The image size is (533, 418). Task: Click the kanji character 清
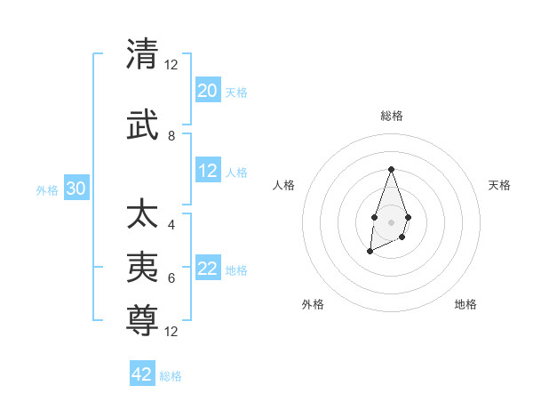pyautogui.click(x=142, y=54)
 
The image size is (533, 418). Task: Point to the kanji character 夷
pyautogui.click(x=142, y=265)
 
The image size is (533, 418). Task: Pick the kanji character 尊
pyautogui.click(x=142, y=311)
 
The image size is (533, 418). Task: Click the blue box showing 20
pyautogui.click(x=208, y=91)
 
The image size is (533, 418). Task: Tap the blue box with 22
pyautogui.click(x=208, y=269)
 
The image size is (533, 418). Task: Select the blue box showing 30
pyautogui.click(x=76, y=189)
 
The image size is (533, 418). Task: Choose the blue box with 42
pyautogui.click(x=142, y=374)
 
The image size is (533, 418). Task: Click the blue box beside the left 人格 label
pyautogui.click(x=208, y=171)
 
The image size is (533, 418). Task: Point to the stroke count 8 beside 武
pyautogui.click(x=171, y=136)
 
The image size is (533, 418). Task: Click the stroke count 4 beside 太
pyautogui.click(x=171, y=224)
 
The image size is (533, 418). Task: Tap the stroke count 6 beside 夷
pyautogui.click(x=171, y=277)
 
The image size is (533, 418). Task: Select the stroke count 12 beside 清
pyautogui.click(x=171, y=65)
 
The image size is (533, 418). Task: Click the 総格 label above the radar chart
pyautogui.click(x=391, y=116)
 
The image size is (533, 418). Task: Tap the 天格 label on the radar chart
pyautogui.click(x=499, y=185)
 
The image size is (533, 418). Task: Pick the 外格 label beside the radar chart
pyautogui.click(x=313, y=304)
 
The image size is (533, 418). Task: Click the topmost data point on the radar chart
pyautogui.click(x=391, y=169)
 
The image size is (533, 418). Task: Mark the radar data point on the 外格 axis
pyautogui.click(x=370, y=252)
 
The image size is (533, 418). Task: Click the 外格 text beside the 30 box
pyautogui.click(x=46, y=190)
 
